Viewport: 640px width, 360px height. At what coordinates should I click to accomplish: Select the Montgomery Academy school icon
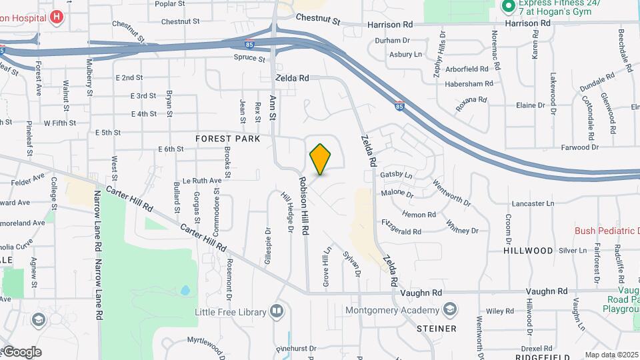[451, 309]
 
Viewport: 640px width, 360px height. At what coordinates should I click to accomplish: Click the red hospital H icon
[57, 17]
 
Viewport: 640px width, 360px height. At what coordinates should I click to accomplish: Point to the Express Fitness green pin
[507, 7]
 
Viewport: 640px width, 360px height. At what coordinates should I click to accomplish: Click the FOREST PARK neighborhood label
[227, 139]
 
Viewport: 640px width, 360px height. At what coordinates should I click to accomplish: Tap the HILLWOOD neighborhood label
[529, 251]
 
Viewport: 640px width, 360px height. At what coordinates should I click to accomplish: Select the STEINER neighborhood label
[437, 329]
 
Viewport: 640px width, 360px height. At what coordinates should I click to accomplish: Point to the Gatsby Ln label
[397, 174]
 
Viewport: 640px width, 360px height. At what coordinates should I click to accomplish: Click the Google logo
[21, 351]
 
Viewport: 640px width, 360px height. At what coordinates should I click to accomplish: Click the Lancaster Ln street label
[533, 203]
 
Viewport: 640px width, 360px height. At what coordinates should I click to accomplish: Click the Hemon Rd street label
[419, 215]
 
